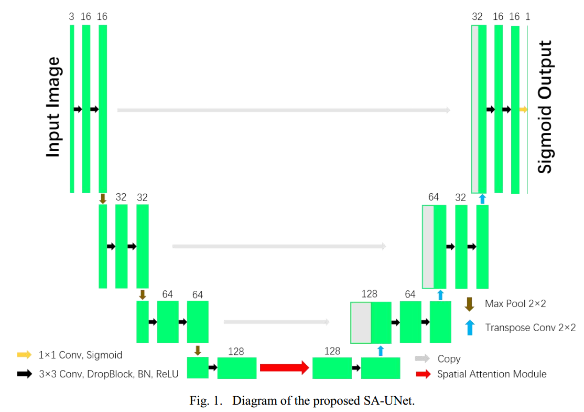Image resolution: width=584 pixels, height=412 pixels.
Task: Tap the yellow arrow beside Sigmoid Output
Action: (523, 109)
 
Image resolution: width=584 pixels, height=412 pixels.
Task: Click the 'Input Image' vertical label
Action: (53, 107)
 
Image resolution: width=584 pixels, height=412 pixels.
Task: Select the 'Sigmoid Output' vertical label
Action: (545, 107)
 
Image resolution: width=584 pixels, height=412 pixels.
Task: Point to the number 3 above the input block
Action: (71, 17)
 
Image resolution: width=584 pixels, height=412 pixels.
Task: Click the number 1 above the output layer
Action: (527, 17)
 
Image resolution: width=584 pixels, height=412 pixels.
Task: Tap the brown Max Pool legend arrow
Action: (470, 304)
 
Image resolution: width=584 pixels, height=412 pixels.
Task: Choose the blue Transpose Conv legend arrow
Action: (470, 328)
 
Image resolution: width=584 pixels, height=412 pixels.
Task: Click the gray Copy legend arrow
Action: (422, 359)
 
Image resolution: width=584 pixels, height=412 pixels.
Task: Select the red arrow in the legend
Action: (422, 374)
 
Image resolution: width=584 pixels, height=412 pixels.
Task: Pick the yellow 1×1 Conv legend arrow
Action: (24, 355)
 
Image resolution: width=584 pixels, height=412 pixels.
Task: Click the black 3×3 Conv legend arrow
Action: (24, 374)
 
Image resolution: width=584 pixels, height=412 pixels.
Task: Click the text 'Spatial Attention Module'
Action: (492, 374)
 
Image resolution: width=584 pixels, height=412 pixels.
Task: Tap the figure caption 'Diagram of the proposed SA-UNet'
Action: (323, 402)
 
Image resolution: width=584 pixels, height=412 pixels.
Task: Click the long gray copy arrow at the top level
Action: (284, 110)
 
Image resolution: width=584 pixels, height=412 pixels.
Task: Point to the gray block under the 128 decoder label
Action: (361, 322)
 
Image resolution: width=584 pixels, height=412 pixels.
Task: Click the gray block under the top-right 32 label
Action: (474, 109)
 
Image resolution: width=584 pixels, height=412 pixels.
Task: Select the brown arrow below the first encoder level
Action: (103, 199)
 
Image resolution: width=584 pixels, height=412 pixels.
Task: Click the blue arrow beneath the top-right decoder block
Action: (482, 199)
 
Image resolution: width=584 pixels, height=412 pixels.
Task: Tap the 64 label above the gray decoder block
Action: (434, 197)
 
